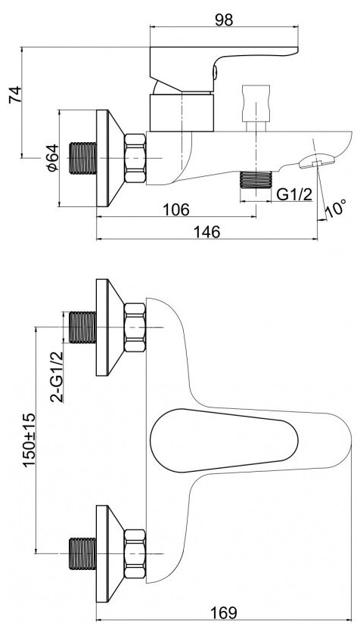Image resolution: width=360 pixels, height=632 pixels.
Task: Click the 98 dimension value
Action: [224, 19]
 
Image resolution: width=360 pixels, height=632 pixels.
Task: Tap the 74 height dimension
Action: [16, 95]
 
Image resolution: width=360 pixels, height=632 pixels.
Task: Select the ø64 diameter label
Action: [53, 158]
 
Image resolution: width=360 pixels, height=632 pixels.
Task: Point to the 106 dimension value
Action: [175, 209]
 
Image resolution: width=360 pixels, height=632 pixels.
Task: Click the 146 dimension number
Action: [207, 232]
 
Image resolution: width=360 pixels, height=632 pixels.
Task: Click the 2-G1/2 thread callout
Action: [57, 376]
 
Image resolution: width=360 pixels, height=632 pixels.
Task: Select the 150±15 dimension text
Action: [29, 440]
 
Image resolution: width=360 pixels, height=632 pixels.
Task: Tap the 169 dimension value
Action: [224, 613]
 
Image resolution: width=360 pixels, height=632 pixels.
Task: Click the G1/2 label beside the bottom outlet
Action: [294, 195]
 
